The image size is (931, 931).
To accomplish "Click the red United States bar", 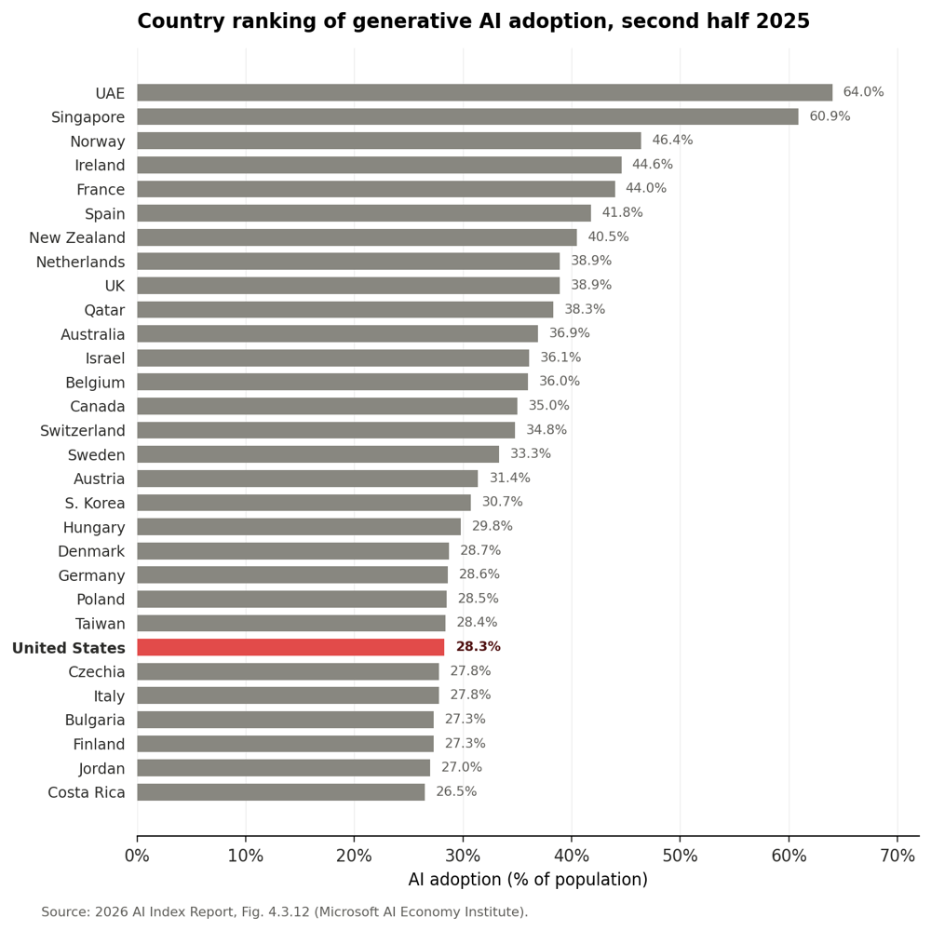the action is point(290,647).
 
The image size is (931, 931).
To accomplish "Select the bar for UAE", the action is point(484,92).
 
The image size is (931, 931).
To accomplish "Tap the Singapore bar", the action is point(468,117).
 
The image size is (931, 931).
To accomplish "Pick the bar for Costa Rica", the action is point(281,792).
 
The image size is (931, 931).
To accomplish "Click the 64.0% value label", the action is point(863,92).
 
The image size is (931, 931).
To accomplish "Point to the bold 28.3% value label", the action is point(478,647).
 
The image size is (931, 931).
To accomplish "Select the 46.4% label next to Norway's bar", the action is point(673,141).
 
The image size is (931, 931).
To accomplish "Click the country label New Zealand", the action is point(77,237).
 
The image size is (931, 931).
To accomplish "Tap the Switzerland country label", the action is point(83,430).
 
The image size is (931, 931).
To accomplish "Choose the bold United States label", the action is point(69,648).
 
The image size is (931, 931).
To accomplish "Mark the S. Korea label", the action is point(95,503).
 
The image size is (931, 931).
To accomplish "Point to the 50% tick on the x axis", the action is point(681,856).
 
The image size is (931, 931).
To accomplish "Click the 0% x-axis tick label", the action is point(137,856).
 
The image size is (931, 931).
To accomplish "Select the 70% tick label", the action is point(897,856).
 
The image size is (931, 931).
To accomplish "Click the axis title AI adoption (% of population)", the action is point(528,880).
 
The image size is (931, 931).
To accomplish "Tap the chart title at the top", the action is point(473,21).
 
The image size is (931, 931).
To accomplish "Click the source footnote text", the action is point(284,912).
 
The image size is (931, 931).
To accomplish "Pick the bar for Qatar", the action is point(345,310).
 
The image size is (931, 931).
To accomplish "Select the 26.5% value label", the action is point(456,791).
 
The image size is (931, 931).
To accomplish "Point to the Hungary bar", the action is point(299,527).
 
